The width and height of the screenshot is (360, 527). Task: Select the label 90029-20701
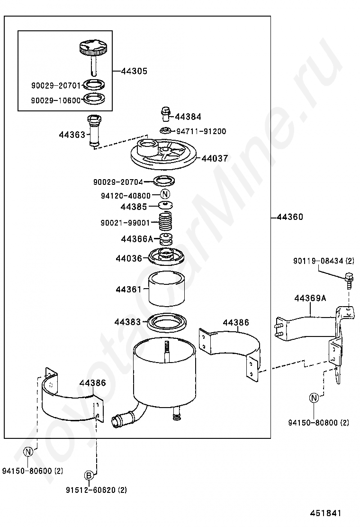pos(56,86)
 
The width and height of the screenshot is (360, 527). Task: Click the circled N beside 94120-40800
pos(165,194)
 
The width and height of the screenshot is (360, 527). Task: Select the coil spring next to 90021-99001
pos(165,222)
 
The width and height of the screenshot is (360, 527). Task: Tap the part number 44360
pos(290,218)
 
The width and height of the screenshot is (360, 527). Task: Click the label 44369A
pos(310,299)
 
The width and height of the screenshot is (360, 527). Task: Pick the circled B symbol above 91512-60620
pos(89,475)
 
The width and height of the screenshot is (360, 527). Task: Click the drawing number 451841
pos(326,514)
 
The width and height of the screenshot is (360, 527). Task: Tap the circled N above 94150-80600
pos(28,451)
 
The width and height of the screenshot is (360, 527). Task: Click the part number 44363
pos(72,135)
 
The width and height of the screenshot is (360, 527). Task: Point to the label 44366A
pos(137,239)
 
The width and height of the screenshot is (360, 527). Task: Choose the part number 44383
pos(127,322)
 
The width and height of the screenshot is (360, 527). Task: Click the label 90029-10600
pos(56,100)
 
